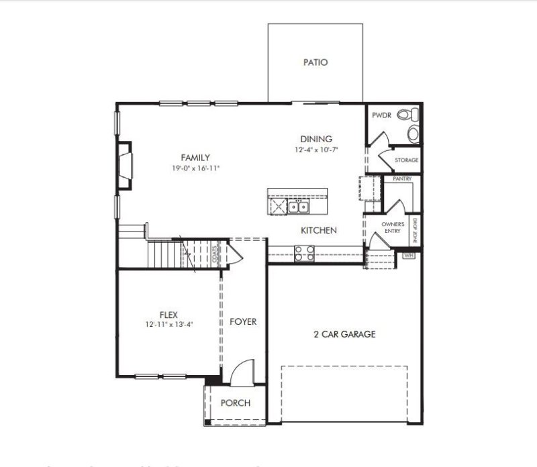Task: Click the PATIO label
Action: pyautogui.click(x=315, y=62)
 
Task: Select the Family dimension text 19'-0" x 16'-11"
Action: pyautogui.click(x=195, y=168)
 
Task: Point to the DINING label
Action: pyautogui.click(x=316, y=139)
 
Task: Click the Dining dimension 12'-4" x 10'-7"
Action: pyautogui.click(x=316, y=150)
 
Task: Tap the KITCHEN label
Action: pyautogui.click(x=318, y=230)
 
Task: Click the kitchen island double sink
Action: pyautogui.click(x=299, y=206)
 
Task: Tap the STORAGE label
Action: pyautogui.click(x=407, y=160)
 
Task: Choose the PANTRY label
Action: pyautogui.click(x=402, y=179)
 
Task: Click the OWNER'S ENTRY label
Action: pyautogui.click(x=393, y=227)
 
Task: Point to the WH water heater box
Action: pyautogui.click(x=409, y=256)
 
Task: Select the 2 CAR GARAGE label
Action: pyautogui.click(x=344, y=334)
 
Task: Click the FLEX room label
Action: pyautogui.click(x=168, y=314)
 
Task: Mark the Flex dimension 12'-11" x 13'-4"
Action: pyautogui.click(x=168, y=324)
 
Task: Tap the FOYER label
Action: pyautogui.click(x=243, y=322)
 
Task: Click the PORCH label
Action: pyautogui.click(x=236, y=403)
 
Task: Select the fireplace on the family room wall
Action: pyautogui.click(x=125, y=161)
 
